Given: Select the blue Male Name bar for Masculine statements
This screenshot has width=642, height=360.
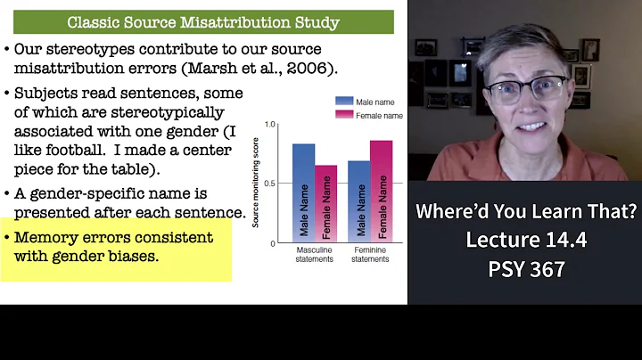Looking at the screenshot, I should (x=303, y=192).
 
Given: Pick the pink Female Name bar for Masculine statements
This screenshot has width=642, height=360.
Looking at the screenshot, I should (x=326, y=203).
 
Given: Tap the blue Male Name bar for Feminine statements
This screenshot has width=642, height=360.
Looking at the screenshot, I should (x=358, y=201).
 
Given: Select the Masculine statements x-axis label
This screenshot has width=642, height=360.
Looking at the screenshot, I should (x=315, y=254).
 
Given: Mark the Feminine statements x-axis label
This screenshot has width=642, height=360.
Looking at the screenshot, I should (x=370, y=254).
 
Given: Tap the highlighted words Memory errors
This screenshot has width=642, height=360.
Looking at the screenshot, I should (x=67, y=238).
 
